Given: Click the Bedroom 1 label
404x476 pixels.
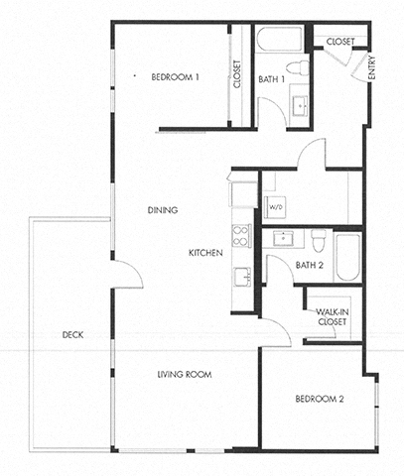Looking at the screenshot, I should click(x=176, y=76).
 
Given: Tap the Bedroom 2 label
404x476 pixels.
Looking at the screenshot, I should click(x=319, y=399).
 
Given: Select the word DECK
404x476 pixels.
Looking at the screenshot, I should click(x=70, y=334).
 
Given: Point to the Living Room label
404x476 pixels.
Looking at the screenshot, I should click(x=187, y=374).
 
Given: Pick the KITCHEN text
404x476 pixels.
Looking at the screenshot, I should click(x=204, y=253).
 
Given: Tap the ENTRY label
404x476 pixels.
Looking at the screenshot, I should click(x=371, y=70).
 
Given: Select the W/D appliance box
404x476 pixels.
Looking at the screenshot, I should click(x=276, y=207).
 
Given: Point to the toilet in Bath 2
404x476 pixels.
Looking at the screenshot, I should click(x=318, y=241).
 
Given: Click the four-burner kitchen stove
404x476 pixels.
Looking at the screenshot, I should click(x=240, y=237).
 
